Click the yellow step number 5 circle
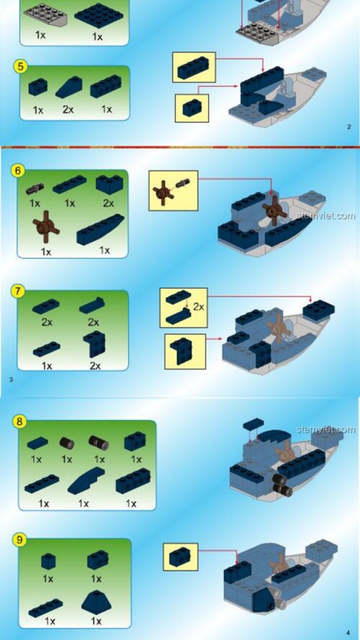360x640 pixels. [x=20, y=67]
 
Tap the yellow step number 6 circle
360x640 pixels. [x=17, y=171]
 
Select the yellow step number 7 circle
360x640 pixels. [x=18, y=292]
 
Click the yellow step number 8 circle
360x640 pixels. [x=19, y=421]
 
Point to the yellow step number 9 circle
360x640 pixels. [x=19, y=540]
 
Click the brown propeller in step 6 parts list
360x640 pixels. [x=45, y=227]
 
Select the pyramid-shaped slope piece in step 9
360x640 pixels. [x=96, y=603]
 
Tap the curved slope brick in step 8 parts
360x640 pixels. [x=86, y=480]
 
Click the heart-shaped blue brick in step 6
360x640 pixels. [x=109, y=184]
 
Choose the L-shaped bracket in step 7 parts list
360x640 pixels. [x=94, y=343]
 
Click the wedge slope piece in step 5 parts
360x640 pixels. [x=68, y=87]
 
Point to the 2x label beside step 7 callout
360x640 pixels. [x=199, y=307]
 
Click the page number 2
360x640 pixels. [x=349, y=127]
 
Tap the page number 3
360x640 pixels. [x=11, y=379]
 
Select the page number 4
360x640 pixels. [x=348, y=633]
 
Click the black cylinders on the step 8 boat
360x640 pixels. [x=282, y=485]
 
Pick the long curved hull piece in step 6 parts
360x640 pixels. [x=100, y=230]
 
